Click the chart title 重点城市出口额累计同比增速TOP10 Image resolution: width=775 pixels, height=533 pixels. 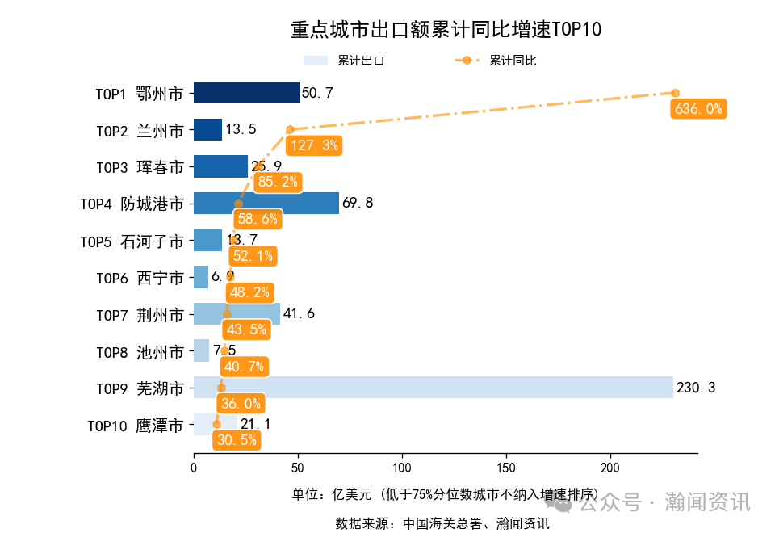tap(446, 31)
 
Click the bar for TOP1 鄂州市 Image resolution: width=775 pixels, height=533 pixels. tap(245, 93)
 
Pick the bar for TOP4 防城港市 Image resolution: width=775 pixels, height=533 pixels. tap(266, 204)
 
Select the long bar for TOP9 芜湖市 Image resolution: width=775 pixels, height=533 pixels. tap(433, 388)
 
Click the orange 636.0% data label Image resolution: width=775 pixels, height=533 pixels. tap(698, 109)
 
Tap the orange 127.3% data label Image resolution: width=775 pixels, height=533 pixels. tap(313, 145)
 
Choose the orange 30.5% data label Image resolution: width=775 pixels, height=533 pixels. tap(236, 440)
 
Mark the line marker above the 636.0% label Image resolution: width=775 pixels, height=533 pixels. tap(675, 93)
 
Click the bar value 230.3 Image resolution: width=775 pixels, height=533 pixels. tap(696, 388)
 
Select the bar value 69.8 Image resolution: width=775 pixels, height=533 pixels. tap(358, 204)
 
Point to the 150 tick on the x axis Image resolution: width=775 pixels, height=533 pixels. tap(507, 468)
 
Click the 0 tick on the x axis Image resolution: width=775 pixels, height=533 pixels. tap(194, 468)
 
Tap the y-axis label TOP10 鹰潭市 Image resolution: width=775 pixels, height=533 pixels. tap(135, 425)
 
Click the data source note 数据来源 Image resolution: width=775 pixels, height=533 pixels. tap(442, 523)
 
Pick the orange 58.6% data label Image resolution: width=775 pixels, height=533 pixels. tap(258, 219)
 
